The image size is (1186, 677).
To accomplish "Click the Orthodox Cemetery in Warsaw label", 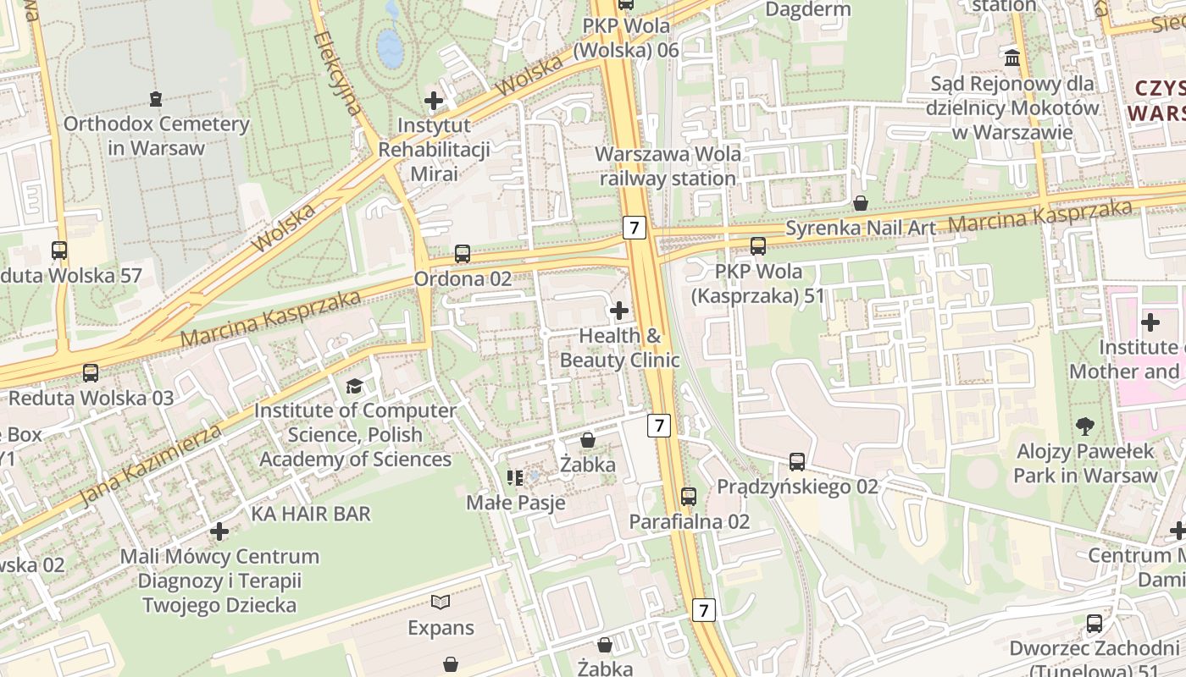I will (x=157, y=135).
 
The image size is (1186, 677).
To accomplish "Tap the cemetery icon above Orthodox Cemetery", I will (x=156, y=100).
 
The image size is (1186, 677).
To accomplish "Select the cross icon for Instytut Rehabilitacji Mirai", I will (x=434, y=102).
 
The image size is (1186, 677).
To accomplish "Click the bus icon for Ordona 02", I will (x=463, y=253).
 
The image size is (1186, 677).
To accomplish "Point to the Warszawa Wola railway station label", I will (x=668, y=166).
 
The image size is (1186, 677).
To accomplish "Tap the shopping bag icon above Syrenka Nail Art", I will (x=861, y=203).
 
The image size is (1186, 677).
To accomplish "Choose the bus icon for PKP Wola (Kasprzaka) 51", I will (x=758, y=246).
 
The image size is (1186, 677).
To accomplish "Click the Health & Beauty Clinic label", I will (x=620, y=348).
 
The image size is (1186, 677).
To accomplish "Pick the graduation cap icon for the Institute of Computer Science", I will (x=354, y=387).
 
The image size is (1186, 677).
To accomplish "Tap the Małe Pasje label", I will (x=516, y=503).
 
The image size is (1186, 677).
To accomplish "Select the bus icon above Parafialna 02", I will (x=689, y=497).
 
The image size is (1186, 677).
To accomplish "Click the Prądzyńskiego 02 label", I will (x=797, y=487).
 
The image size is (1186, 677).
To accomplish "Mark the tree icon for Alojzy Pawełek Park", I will (x=1084, y=427).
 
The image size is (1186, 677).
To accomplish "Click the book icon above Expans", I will (x=441, y=603).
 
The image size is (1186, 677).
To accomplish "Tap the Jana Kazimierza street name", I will (x=152, y=465).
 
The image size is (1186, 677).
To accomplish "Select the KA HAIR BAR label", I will (x=311, y=514).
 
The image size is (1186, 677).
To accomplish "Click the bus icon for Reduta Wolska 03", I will (x=90, y=373).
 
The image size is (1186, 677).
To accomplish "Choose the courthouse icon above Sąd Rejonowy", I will (x=1011, y=58).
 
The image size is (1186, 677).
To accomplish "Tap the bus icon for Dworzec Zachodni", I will (x=1095, y=625).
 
